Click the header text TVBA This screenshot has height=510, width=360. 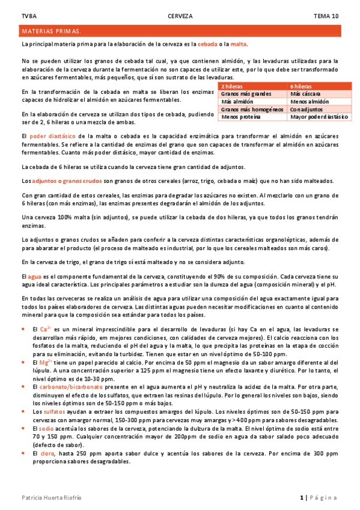click(x=28, y=16)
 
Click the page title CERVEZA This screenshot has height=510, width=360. click(x=180, y=16)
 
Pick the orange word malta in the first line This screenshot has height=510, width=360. click(x=239, y=44)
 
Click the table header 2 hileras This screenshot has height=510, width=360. click(x=233, y=87)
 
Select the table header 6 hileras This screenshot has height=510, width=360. click(x=302, y=87)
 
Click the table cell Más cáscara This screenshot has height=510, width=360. click(x=305, y=94)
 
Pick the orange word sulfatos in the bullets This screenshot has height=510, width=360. click(x=54, y=411)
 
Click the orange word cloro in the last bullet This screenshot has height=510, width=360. click(x=49, y=451)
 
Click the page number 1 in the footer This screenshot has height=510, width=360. click(x=301, y=497)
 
